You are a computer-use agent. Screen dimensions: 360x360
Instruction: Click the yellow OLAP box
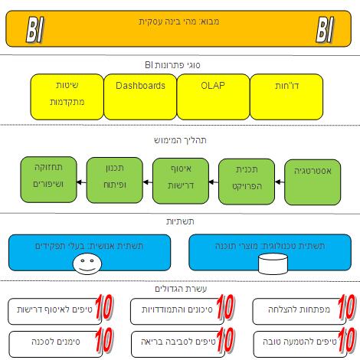tap(213, 97)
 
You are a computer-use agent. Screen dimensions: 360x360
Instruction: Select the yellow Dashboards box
tap(140, 97)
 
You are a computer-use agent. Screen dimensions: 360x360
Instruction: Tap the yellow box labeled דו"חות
tap(286, 97)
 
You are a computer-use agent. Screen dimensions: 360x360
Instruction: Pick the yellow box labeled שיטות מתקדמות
tap(67, 97)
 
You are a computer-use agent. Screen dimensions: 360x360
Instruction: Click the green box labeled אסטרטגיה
tap(313, 182)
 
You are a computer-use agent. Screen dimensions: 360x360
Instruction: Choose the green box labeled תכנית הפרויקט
tap(247, 182)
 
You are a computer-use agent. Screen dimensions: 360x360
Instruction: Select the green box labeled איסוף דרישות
tap(181, 181)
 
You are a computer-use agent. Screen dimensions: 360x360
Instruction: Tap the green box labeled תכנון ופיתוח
tap(115, 180)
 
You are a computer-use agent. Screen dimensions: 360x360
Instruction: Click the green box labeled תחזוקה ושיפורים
tap(48, 180)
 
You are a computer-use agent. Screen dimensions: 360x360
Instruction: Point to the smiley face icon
tap(87, 263)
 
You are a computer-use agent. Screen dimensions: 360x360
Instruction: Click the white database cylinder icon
tap(273, 263)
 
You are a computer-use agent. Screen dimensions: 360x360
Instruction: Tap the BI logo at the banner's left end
tap(35, 29)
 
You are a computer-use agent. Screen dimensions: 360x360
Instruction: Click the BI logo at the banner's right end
tap(325, 29)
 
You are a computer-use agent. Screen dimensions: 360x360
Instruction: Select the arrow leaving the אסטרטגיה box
tap(280, 182)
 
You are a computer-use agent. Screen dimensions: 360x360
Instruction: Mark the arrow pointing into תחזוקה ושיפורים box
tap(81, 182)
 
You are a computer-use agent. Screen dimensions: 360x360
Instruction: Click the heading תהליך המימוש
tap(180, 140)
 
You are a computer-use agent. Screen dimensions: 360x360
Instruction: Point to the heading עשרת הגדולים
tap(181, 289)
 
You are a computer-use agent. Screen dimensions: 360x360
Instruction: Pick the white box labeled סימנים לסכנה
tap(55, 345)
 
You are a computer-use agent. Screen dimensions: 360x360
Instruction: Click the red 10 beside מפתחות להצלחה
tap(347, 307)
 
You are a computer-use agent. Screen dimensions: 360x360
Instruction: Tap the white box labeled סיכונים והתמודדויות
tap(177, 312)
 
